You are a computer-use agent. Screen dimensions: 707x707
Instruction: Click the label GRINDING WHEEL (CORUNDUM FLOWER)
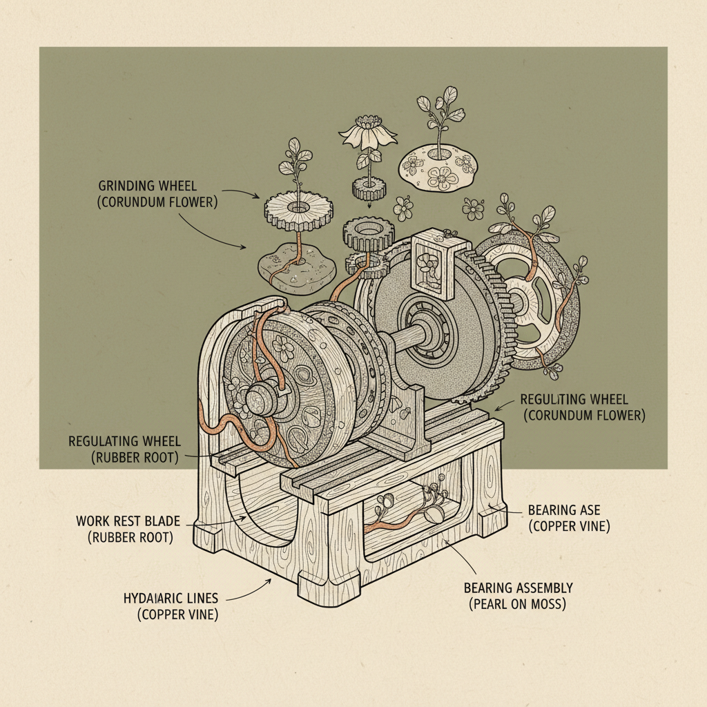tap(158, 193)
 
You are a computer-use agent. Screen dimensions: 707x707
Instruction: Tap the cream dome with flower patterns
tap(438, 166)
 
